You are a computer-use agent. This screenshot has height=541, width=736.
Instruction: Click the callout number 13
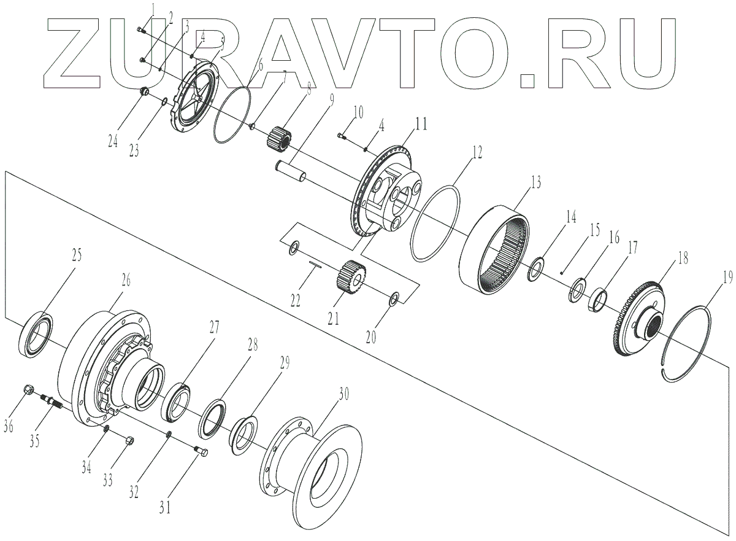pyautogui.click(x=535, y=182)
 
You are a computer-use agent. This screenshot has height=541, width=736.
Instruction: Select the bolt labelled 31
pyautogui.click(x=201, y=453)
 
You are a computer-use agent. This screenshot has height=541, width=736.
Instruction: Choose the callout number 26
pyautogui.click(x=125, y=281)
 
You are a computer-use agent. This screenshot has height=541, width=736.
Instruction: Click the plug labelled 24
pyautogui.click(x=145, y=93)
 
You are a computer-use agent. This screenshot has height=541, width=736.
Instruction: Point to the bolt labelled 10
pyautogui.click(x=343, y=136)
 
